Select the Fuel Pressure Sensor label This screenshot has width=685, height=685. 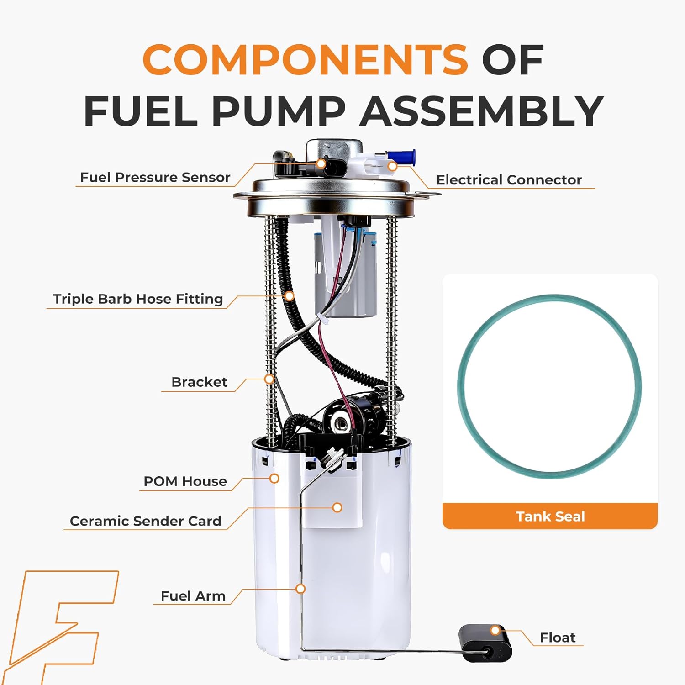(x=155, y=177)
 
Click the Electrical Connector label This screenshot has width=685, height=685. (x=509, y=180)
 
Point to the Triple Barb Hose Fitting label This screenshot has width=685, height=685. (x=138, y=299)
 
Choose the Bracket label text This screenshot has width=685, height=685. (x=199, y=382)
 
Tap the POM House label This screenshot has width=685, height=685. (x=185, y=481)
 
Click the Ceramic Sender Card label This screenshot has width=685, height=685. (x=145, y=521)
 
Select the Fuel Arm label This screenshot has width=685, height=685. (x=193, y=596)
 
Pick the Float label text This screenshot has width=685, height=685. (x=557, y=638)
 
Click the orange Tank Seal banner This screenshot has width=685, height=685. (x=550, y=516)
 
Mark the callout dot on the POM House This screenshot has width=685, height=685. (x=274, y=478)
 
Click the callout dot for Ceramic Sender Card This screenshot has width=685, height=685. (x=337, y=507)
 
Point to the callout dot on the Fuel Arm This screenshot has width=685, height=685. (x=300, y=589)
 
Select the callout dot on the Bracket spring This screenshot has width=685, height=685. (x=269, y=379)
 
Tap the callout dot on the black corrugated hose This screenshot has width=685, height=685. (x=289, y=296)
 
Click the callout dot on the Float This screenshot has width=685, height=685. (x=495, y=631)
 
